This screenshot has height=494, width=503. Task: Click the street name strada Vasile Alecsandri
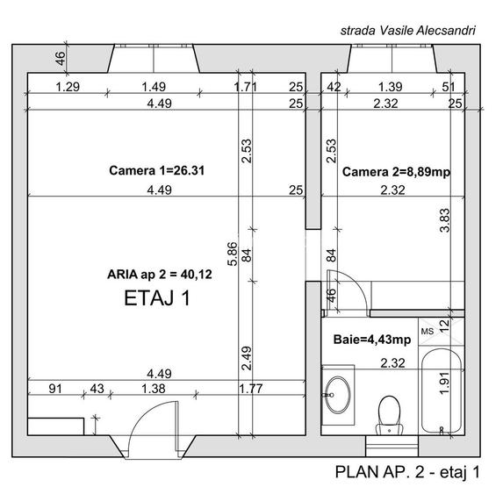(x=407, y=30)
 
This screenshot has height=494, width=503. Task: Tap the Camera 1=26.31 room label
(x=156, y=170)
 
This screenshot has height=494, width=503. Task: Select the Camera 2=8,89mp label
(x=396, y=172)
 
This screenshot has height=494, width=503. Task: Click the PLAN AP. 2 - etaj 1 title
(x=408, y=472)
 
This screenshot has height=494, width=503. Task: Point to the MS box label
(x=428, y=332)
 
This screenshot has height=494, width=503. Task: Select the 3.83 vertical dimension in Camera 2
(x=444, y=219)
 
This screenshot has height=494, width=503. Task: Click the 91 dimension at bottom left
(x=54, y=387)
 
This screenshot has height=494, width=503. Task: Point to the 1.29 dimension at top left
(x=68, y=87)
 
